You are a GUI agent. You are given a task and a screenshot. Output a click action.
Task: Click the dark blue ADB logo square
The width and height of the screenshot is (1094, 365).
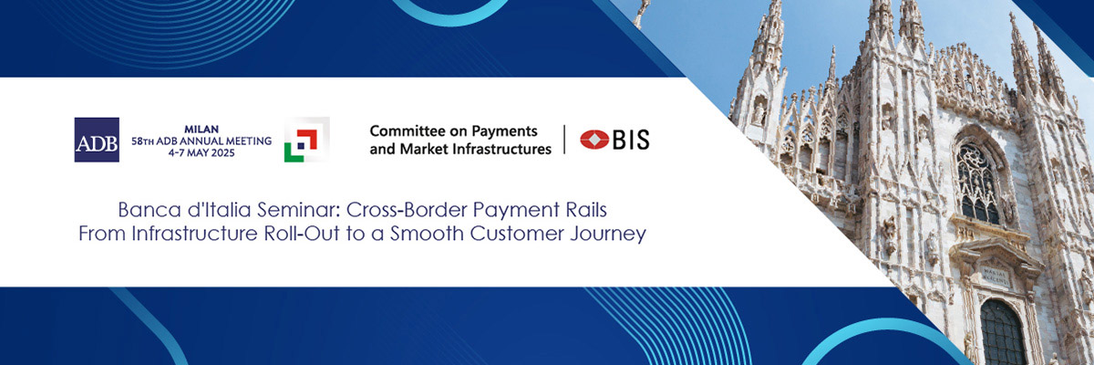(97, 140)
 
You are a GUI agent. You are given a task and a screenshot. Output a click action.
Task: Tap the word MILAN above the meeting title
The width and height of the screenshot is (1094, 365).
(201, 130)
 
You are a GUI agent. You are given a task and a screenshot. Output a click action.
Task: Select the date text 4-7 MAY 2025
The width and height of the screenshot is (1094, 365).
(201, 153)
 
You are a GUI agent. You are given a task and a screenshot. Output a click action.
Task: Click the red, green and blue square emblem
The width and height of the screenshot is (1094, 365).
(306, 140)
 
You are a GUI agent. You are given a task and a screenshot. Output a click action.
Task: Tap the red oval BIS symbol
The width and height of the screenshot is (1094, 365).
(594, 140)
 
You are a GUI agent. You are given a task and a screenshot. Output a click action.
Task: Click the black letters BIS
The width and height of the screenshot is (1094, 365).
(631, 140)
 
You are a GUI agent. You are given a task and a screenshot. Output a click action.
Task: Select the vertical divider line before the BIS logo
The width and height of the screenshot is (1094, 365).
(564, 140)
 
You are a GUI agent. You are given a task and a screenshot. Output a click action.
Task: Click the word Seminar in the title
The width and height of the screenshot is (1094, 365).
(298, 210)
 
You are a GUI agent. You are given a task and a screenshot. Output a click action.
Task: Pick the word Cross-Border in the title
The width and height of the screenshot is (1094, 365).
(407, 210)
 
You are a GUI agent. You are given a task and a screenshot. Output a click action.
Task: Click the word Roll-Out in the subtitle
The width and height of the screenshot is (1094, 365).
(302, 234)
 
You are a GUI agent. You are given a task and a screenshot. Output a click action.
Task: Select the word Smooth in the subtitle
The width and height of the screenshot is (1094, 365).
(427, 234)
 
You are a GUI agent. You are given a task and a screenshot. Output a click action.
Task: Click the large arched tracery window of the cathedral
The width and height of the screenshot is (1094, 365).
(977, 183)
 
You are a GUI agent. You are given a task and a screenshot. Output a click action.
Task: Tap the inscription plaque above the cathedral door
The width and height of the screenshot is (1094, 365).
(995, 277)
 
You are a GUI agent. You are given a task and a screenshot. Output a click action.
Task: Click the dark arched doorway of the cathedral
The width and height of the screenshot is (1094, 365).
(1003, 332)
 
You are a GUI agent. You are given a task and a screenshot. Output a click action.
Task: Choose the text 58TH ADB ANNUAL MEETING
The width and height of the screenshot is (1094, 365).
(201, 141)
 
